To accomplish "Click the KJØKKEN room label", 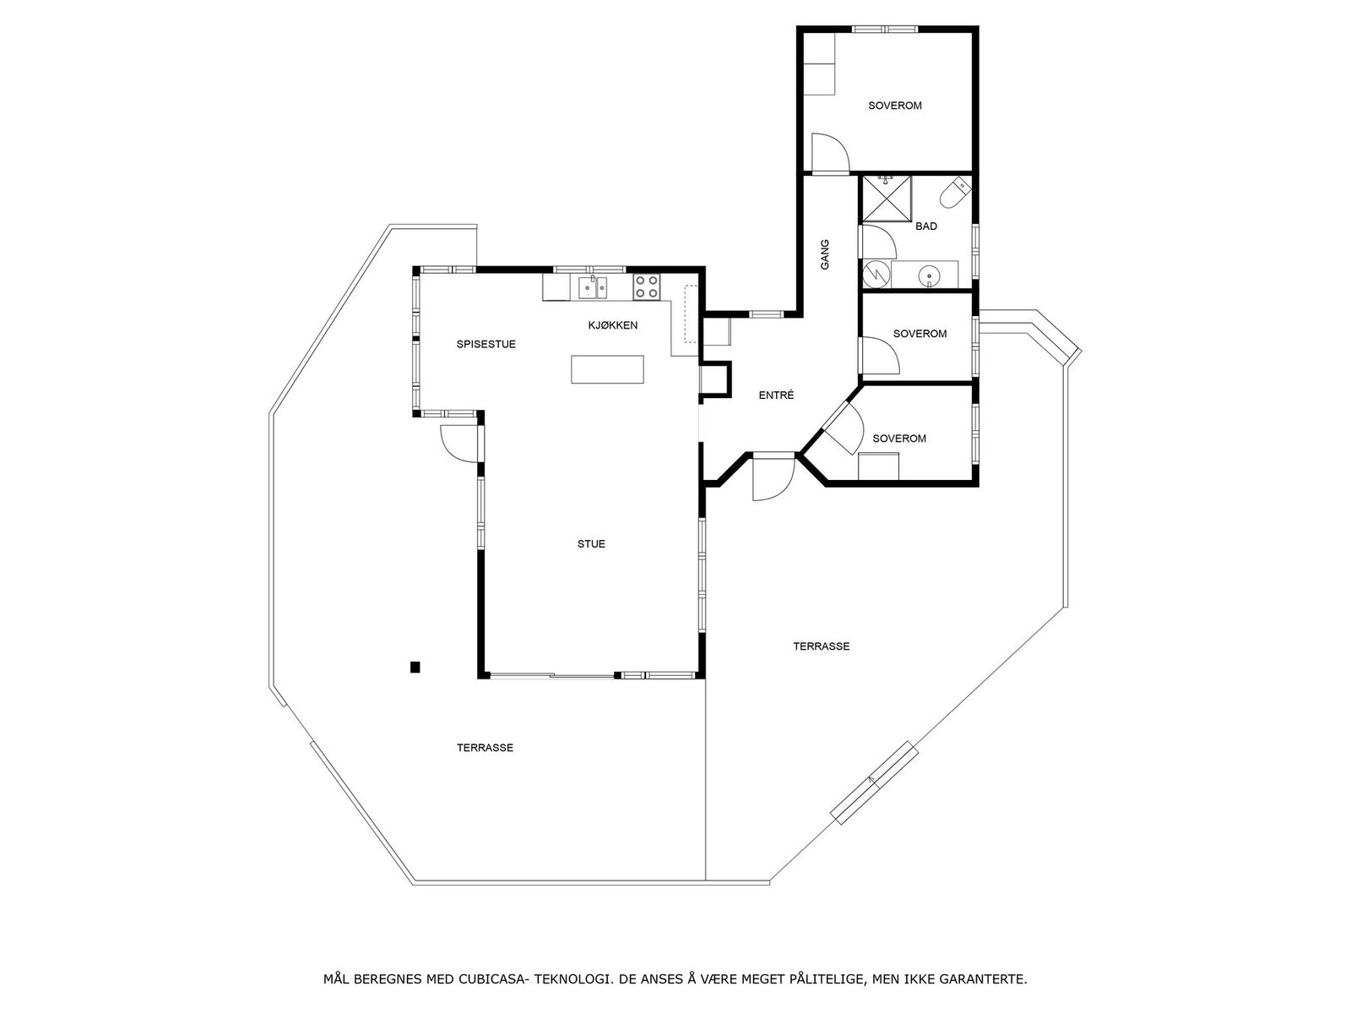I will click(613, 325).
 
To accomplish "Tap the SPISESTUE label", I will click(486, 344).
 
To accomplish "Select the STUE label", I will click(591, 544).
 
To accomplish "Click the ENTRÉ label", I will click(776, 395).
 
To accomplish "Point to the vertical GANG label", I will click(825, 254).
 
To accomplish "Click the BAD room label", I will click(926, 226).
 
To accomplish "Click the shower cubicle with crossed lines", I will click(887, 198).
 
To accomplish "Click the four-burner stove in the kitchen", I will click(647, 286).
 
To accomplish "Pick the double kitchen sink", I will click(592, 287).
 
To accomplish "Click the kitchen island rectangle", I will click(607, 369).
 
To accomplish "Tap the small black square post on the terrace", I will click(415, 668).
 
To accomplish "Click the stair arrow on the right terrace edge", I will click(874, 782).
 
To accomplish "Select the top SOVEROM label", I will click(895, 106).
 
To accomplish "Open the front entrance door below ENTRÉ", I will click(772, 477).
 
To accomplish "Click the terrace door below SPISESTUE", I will click(458, 441).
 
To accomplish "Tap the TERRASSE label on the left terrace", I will click(485, 748).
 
